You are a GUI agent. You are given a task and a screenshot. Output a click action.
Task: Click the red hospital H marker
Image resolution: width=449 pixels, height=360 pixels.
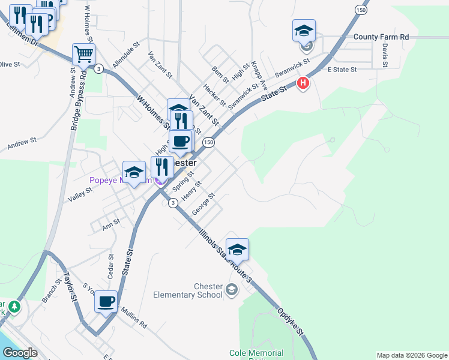pos(303,83)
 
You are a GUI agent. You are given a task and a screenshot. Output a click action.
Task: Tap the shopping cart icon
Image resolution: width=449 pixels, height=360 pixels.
pos(83,54)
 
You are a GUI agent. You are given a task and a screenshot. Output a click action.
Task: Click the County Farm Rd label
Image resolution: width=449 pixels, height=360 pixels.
pos(381,37)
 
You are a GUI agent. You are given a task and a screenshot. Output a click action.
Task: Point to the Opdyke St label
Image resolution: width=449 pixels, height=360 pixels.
pos(291,322)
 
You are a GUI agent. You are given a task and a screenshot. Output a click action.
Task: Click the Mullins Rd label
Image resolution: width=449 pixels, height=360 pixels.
pos(134,318)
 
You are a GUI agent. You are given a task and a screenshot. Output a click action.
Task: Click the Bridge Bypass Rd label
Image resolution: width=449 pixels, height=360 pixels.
pos(77,99)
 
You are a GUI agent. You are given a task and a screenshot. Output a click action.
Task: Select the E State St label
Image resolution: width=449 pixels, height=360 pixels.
pos(342,70)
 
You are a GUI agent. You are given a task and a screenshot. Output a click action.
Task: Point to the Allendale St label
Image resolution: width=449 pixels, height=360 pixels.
pos(125,53)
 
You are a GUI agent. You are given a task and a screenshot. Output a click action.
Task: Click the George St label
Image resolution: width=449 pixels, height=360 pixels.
pos(203,205)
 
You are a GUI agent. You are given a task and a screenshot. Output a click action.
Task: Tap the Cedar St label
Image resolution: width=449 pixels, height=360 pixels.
pos(110,268)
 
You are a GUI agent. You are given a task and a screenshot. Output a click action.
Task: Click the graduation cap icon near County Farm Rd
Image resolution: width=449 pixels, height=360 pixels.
pos(304,30)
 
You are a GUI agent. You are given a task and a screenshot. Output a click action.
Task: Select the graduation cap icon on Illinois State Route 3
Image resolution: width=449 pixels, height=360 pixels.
pos(237,249)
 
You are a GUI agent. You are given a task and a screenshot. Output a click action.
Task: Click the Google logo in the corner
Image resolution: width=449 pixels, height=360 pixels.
pos(20,353)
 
